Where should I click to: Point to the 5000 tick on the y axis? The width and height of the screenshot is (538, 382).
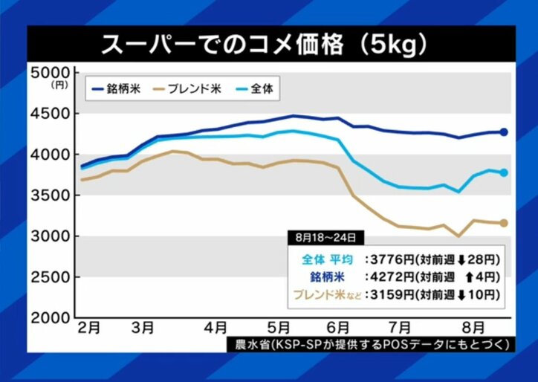[x=49, y=73]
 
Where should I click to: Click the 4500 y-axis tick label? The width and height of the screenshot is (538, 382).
[x=49, y=114]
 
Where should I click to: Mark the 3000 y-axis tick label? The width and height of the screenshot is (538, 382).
[x=49, y=236]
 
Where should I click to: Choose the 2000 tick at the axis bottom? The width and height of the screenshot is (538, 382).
[x=49, y=317]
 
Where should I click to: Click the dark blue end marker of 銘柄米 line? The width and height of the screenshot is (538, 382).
[x=503, y=132]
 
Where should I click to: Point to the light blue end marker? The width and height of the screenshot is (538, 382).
[x=503, y=172]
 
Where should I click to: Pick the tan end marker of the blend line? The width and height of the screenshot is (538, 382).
[x=503, y=223]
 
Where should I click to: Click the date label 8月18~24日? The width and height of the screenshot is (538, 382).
[x=325, y=238]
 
